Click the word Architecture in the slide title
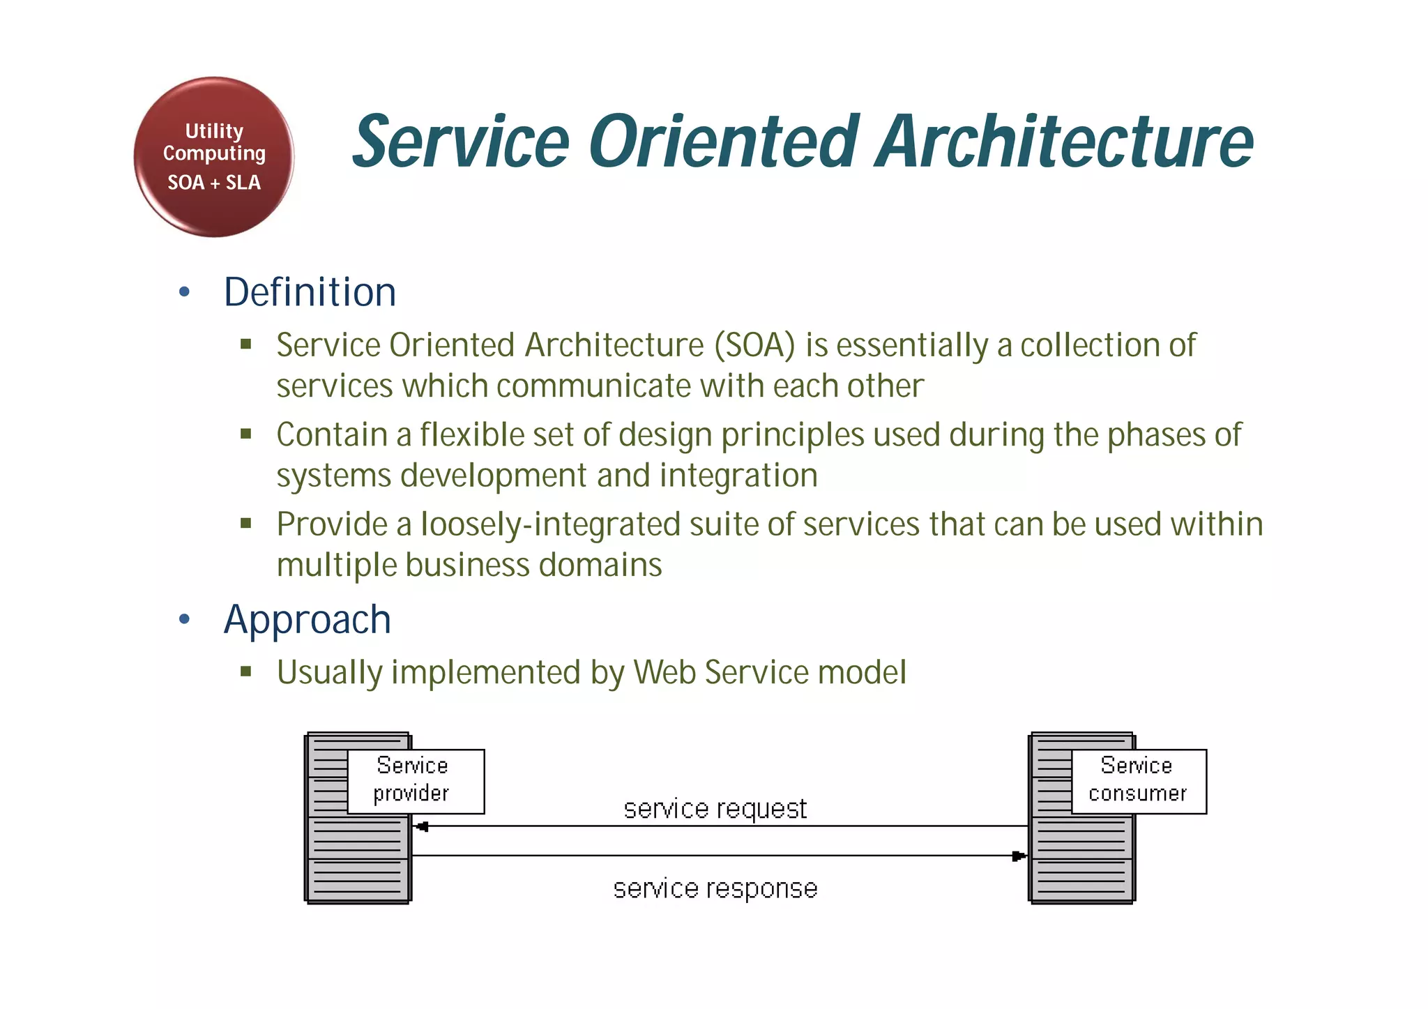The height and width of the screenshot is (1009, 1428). pyautogui.click(x=1065, y=142)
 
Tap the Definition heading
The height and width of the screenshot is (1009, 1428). pyautogui.click(x=310, y=292)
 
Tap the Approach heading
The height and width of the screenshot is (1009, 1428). pyautogui.click(x=307, y=619)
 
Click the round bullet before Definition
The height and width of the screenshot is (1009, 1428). pyautogui.click(x=184, y=292)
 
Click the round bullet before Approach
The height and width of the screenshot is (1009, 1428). pyautogui.click(x=184, y=619)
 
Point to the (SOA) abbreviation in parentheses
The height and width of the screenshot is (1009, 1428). pyautogui.click(x=754, y=345)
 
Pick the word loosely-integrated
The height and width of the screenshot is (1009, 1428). pyautogui.click(x=550, y=524)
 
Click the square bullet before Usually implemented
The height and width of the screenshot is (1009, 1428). pyautogui.click(x=245, y=672)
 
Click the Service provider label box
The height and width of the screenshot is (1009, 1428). pyautogui.click(x=416, y=781)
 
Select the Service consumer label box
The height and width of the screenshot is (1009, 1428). pyautogui.click(x=1138, y=781)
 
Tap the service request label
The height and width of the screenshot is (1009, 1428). pyautogui.click(x=715, y=809)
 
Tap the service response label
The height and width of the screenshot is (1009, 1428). pyautogui.click(x=715, y=888)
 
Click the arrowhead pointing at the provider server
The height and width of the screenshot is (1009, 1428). pyautogui.click(x=421, y=827)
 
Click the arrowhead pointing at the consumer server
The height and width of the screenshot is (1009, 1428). pyautogui.click(x=1018, y=856)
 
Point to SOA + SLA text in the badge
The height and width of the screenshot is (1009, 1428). pyautogui.click(x=213, y=183)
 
